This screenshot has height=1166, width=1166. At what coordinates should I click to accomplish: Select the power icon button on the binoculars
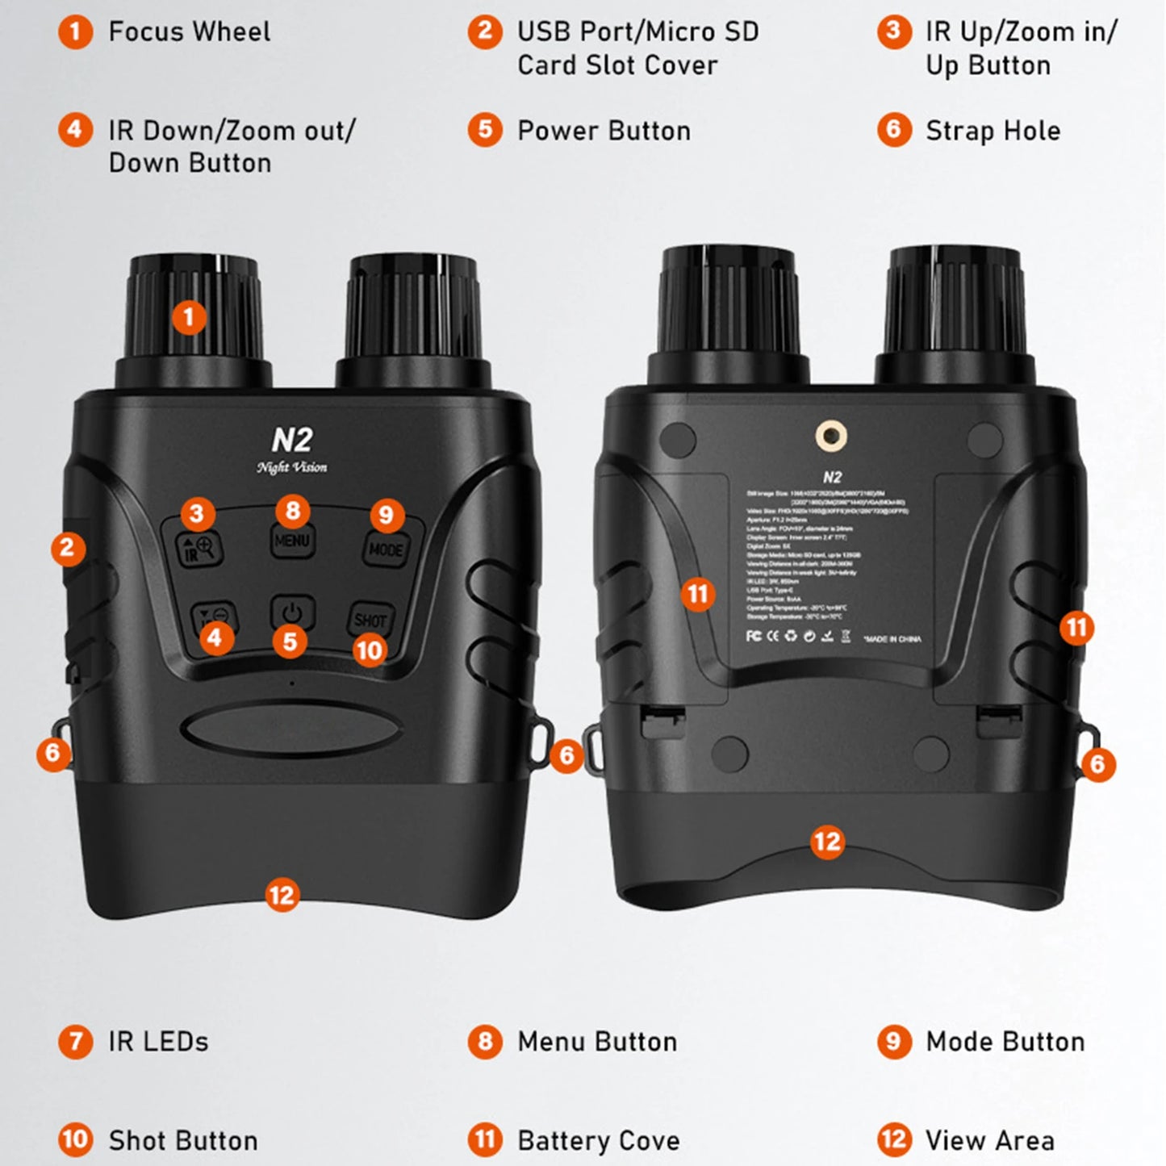(291, 612)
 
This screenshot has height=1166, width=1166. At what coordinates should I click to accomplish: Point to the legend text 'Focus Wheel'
(189, 32)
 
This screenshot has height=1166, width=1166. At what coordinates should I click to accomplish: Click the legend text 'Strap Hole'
(993, 131)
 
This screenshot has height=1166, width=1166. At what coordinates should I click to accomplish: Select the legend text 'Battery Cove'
(598, 1140)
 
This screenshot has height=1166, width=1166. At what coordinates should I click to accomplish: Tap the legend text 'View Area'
(989, 1140)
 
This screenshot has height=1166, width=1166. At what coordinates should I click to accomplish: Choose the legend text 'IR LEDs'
(158, 1042)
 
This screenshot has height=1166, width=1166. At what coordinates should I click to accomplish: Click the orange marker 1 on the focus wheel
(190, 317)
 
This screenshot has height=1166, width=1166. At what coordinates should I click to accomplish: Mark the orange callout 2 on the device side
(68, 549)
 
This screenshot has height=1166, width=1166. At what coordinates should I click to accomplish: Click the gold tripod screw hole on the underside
(831, 437)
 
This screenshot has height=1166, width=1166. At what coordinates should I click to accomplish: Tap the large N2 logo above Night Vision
(291, 440)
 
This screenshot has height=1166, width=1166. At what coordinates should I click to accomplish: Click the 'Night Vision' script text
(291, 467)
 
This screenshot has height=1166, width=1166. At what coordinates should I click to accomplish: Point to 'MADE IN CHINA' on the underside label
(892, 639)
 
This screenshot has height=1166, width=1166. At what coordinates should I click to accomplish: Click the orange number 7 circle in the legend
(75, 1042)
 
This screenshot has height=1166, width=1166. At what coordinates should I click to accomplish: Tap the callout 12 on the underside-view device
(827, 842)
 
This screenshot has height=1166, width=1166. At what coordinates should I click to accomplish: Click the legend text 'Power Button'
(604, 131)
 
